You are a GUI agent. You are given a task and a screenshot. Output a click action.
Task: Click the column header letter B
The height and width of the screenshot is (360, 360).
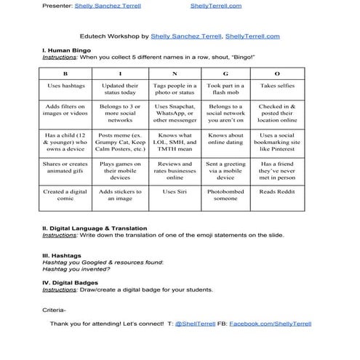tap(65, 74)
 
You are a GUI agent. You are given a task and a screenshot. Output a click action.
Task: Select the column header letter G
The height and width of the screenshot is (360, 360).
tap(225, 74)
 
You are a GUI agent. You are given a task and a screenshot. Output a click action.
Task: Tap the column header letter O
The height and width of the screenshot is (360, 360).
tap(277, 74)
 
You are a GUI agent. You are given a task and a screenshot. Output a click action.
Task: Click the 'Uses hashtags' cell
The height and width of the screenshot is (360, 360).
tap(65, 86)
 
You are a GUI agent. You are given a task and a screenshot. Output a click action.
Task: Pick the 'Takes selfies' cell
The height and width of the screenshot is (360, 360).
tap(277, 86)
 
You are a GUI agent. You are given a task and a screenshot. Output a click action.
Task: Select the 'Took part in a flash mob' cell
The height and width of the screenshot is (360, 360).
tap(225, 89)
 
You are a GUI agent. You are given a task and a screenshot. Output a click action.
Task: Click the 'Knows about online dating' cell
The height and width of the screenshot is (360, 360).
tap(225, 139)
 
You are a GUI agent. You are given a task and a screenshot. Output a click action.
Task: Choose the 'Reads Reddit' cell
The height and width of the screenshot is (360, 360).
tap(277, 192)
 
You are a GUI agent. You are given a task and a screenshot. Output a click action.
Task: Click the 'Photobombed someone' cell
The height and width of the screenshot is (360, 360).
tap(225, 195)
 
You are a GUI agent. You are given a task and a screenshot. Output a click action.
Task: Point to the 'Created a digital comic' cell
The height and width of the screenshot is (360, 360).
tap(65, 195)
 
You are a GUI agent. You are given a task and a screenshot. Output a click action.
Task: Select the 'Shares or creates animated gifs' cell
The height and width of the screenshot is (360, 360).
tap(65, 168)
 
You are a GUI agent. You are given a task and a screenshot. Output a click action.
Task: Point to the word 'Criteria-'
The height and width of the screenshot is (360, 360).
tap(55, 309)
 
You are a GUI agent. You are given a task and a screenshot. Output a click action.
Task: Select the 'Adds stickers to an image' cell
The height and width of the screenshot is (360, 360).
tap(120, 195)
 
